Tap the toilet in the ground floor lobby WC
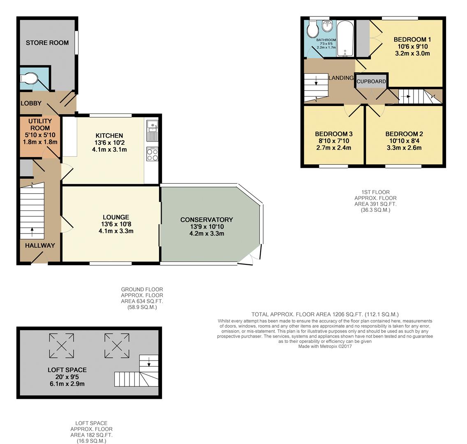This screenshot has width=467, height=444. click(x=30, y=78)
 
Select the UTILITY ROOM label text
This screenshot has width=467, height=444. click(x=40, y=125)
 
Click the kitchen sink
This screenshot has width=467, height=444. click(x=152, y=129)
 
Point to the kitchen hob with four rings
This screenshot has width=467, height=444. click(x=152, y=155)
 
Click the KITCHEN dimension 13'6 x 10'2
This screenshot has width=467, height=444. click(x=109, y=143)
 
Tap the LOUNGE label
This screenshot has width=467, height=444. click(x=116, y=217)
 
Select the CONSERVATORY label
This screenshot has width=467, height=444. click(x=206, y=220)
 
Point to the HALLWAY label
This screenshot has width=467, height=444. click(x=40, y=245)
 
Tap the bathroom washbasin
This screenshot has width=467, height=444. click(x=328, y=27)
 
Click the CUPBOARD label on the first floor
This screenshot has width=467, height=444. click(x=371, y=81)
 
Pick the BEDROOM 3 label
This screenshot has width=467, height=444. click(x=334, y=134)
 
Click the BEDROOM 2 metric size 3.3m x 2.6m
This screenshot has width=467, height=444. click(x=404, y=148)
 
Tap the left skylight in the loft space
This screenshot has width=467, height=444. click(x=62, y=345)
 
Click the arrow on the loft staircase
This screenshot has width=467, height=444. click(x=149, y=361)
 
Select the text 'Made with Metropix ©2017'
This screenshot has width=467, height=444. click(x=325, y=347)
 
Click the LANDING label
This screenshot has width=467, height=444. click(x=341, y=78)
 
